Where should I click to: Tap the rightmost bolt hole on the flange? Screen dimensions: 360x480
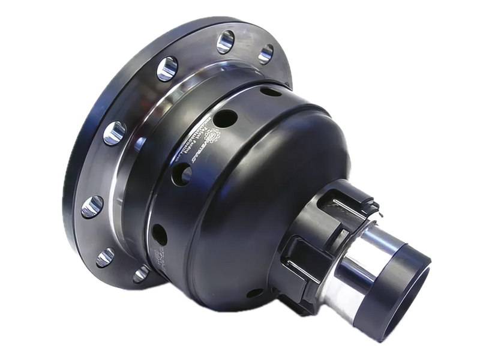265,53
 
